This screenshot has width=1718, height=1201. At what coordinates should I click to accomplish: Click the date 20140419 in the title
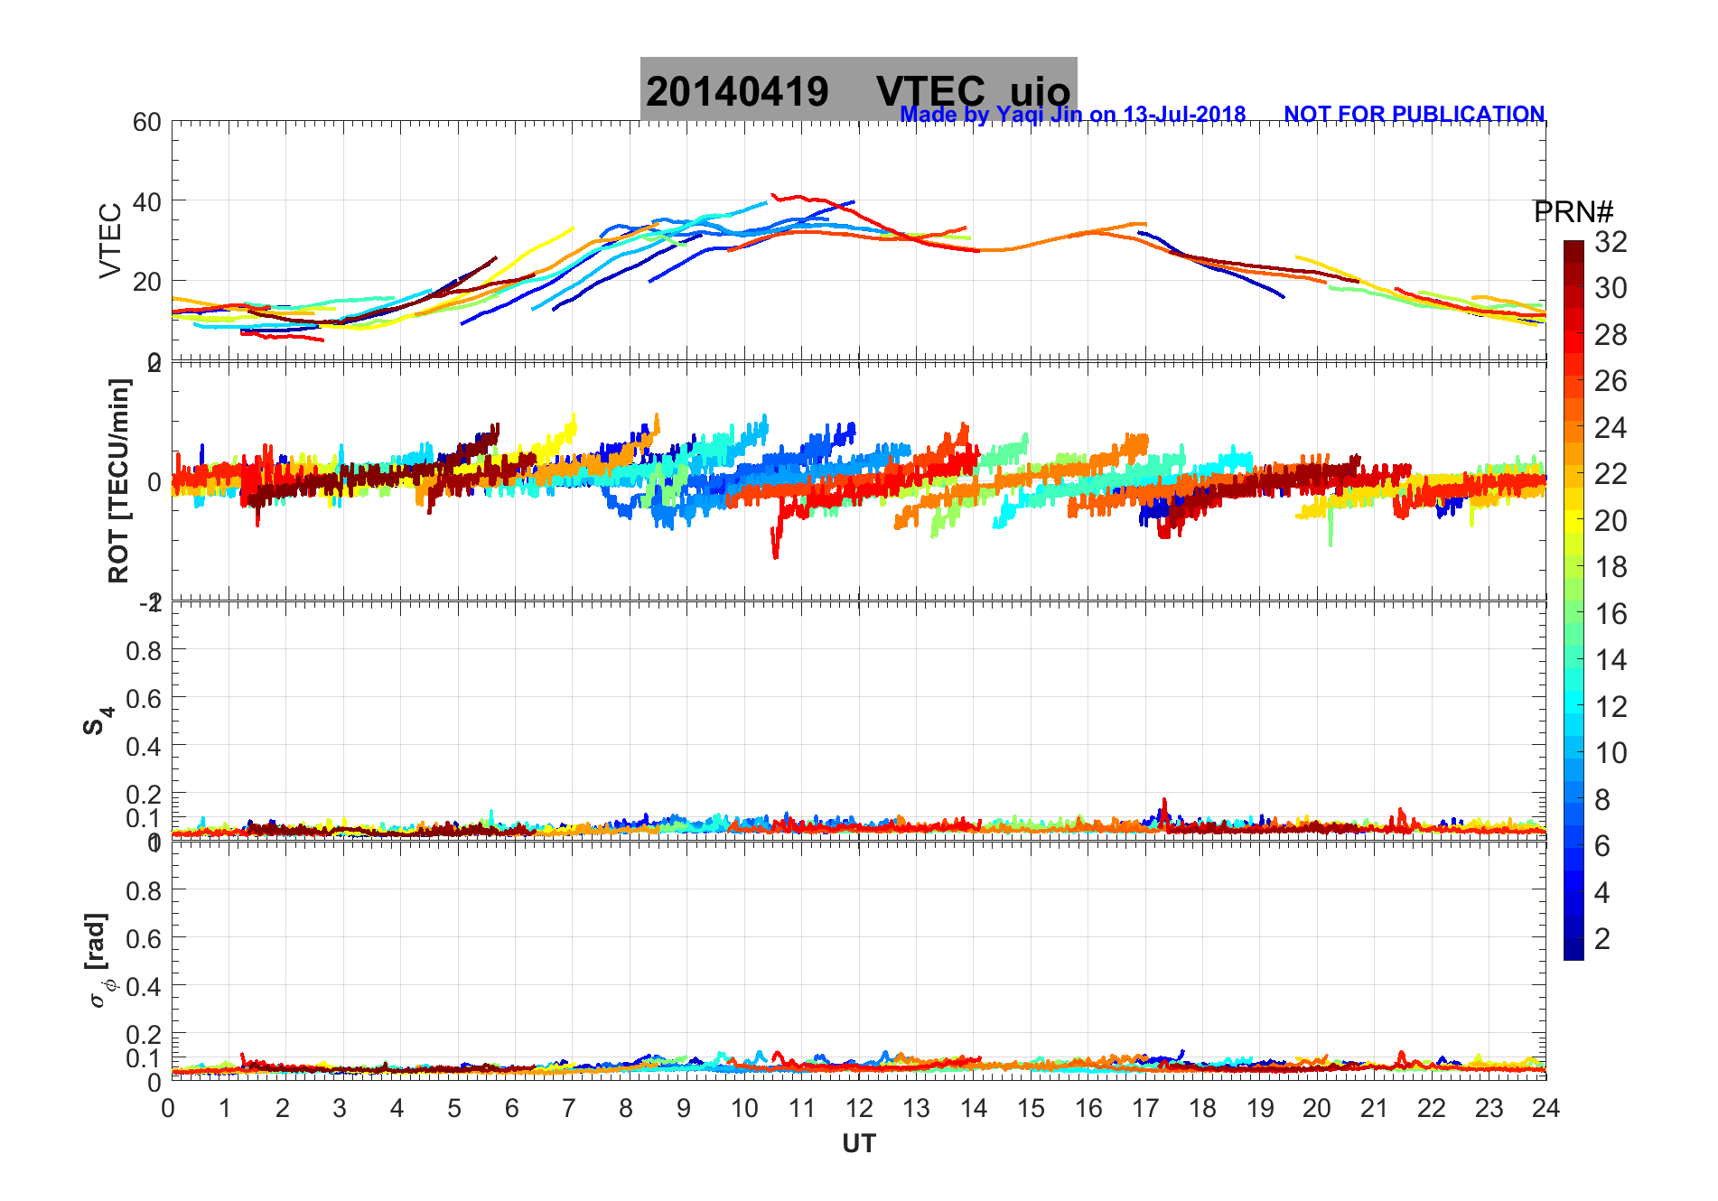pos(737,91)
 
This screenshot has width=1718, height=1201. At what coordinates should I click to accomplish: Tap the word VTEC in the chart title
pos(930,91)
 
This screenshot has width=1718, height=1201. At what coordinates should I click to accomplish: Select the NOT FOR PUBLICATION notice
pos(1414,115)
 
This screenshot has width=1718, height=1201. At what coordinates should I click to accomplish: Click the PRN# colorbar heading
pos(1573,212)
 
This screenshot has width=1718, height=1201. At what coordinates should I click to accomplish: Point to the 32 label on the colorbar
pos(1611,241)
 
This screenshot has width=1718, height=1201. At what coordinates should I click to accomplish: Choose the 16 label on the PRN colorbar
pos(1611,614)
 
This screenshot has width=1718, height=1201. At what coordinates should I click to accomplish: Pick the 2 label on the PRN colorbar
pos(1602,939)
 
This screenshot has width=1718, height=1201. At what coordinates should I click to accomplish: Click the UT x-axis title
pos(859,1144)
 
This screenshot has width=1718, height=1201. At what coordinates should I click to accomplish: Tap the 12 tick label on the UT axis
pos(859,1108)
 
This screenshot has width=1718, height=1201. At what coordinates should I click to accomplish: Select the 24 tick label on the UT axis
pos(1545,1108)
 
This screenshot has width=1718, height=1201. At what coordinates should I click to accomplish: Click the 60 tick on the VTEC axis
pos(147,122)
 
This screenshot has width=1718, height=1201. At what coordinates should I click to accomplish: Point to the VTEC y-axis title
pos(110,240)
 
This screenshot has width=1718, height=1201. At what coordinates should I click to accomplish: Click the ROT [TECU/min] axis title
pos(118,480)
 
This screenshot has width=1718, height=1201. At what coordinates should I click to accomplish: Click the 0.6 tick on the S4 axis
pos(144,698)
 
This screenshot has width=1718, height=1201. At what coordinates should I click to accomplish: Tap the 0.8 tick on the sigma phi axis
pos(144,890)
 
